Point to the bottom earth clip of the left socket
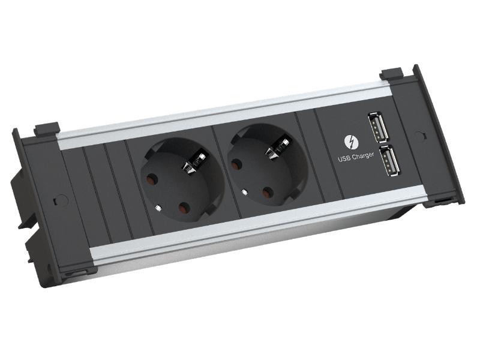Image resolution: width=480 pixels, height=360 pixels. tap(157, 208)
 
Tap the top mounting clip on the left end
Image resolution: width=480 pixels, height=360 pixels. tap(46, 128)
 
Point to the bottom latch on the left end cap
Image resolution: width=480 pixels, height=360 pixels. tap(76, 272)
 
